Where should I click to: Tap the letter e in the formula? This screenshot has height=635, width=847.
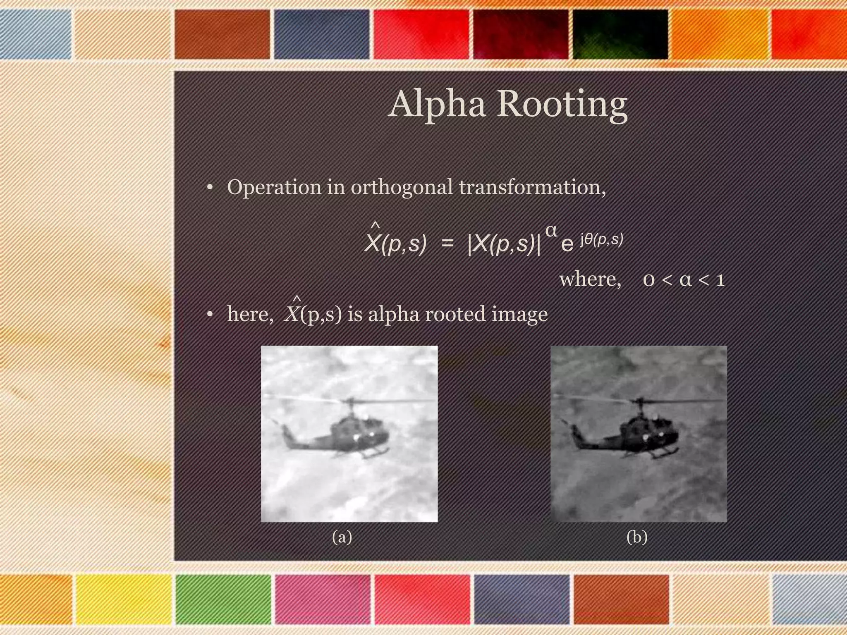[x=567, y=245]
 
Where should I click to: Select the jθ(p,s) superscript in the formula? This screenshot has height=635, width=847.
[x=601, y=240]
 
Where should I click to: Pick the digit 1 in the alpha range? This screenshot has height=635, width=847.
[x=720, y=280]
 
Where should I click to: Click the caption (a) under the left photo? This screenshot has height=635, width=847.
[x=342, y=537]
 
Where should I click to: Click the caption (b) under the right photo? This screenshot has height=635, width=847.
[x=636, y=537]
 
